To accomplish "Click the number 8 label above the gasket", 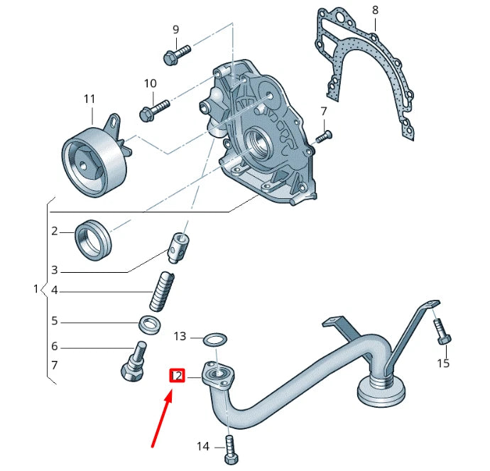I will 375,11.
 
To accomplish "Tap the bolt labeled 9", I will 177,54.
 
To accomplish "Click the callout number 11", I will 89,98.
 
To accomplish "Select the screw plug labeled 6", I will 134,362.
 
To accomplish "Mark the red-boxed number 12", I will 177,376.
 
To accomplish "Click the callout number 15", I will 443,364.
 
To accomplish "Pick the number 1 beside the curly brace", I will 37,289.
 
